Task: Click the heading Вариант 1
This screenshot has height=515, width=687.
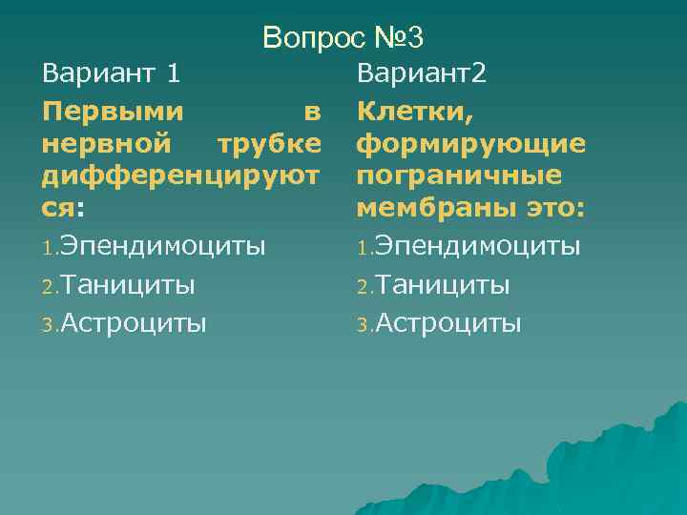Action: [112, 73]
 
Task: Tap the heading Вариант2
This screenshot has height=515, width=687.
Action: [422, 73]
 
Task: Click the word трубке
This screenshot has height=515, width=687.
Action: [269, 146]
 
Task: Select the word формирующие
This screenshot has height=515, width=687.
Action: [471, 146]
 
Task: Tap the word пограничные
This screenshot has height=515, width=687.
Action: [459, 178]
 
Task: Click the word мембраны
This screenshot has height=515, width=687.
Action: [422, 210]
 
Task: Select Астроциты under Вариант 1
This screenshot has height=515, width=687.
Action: [134, 323]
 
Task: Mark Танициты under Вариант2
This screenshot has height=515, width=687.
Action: [443, 285]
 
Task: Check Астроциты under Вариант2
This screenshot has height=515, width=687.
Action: [448, 323]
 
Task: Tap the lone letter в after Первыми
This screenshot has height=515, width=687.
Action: [311, 113]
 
